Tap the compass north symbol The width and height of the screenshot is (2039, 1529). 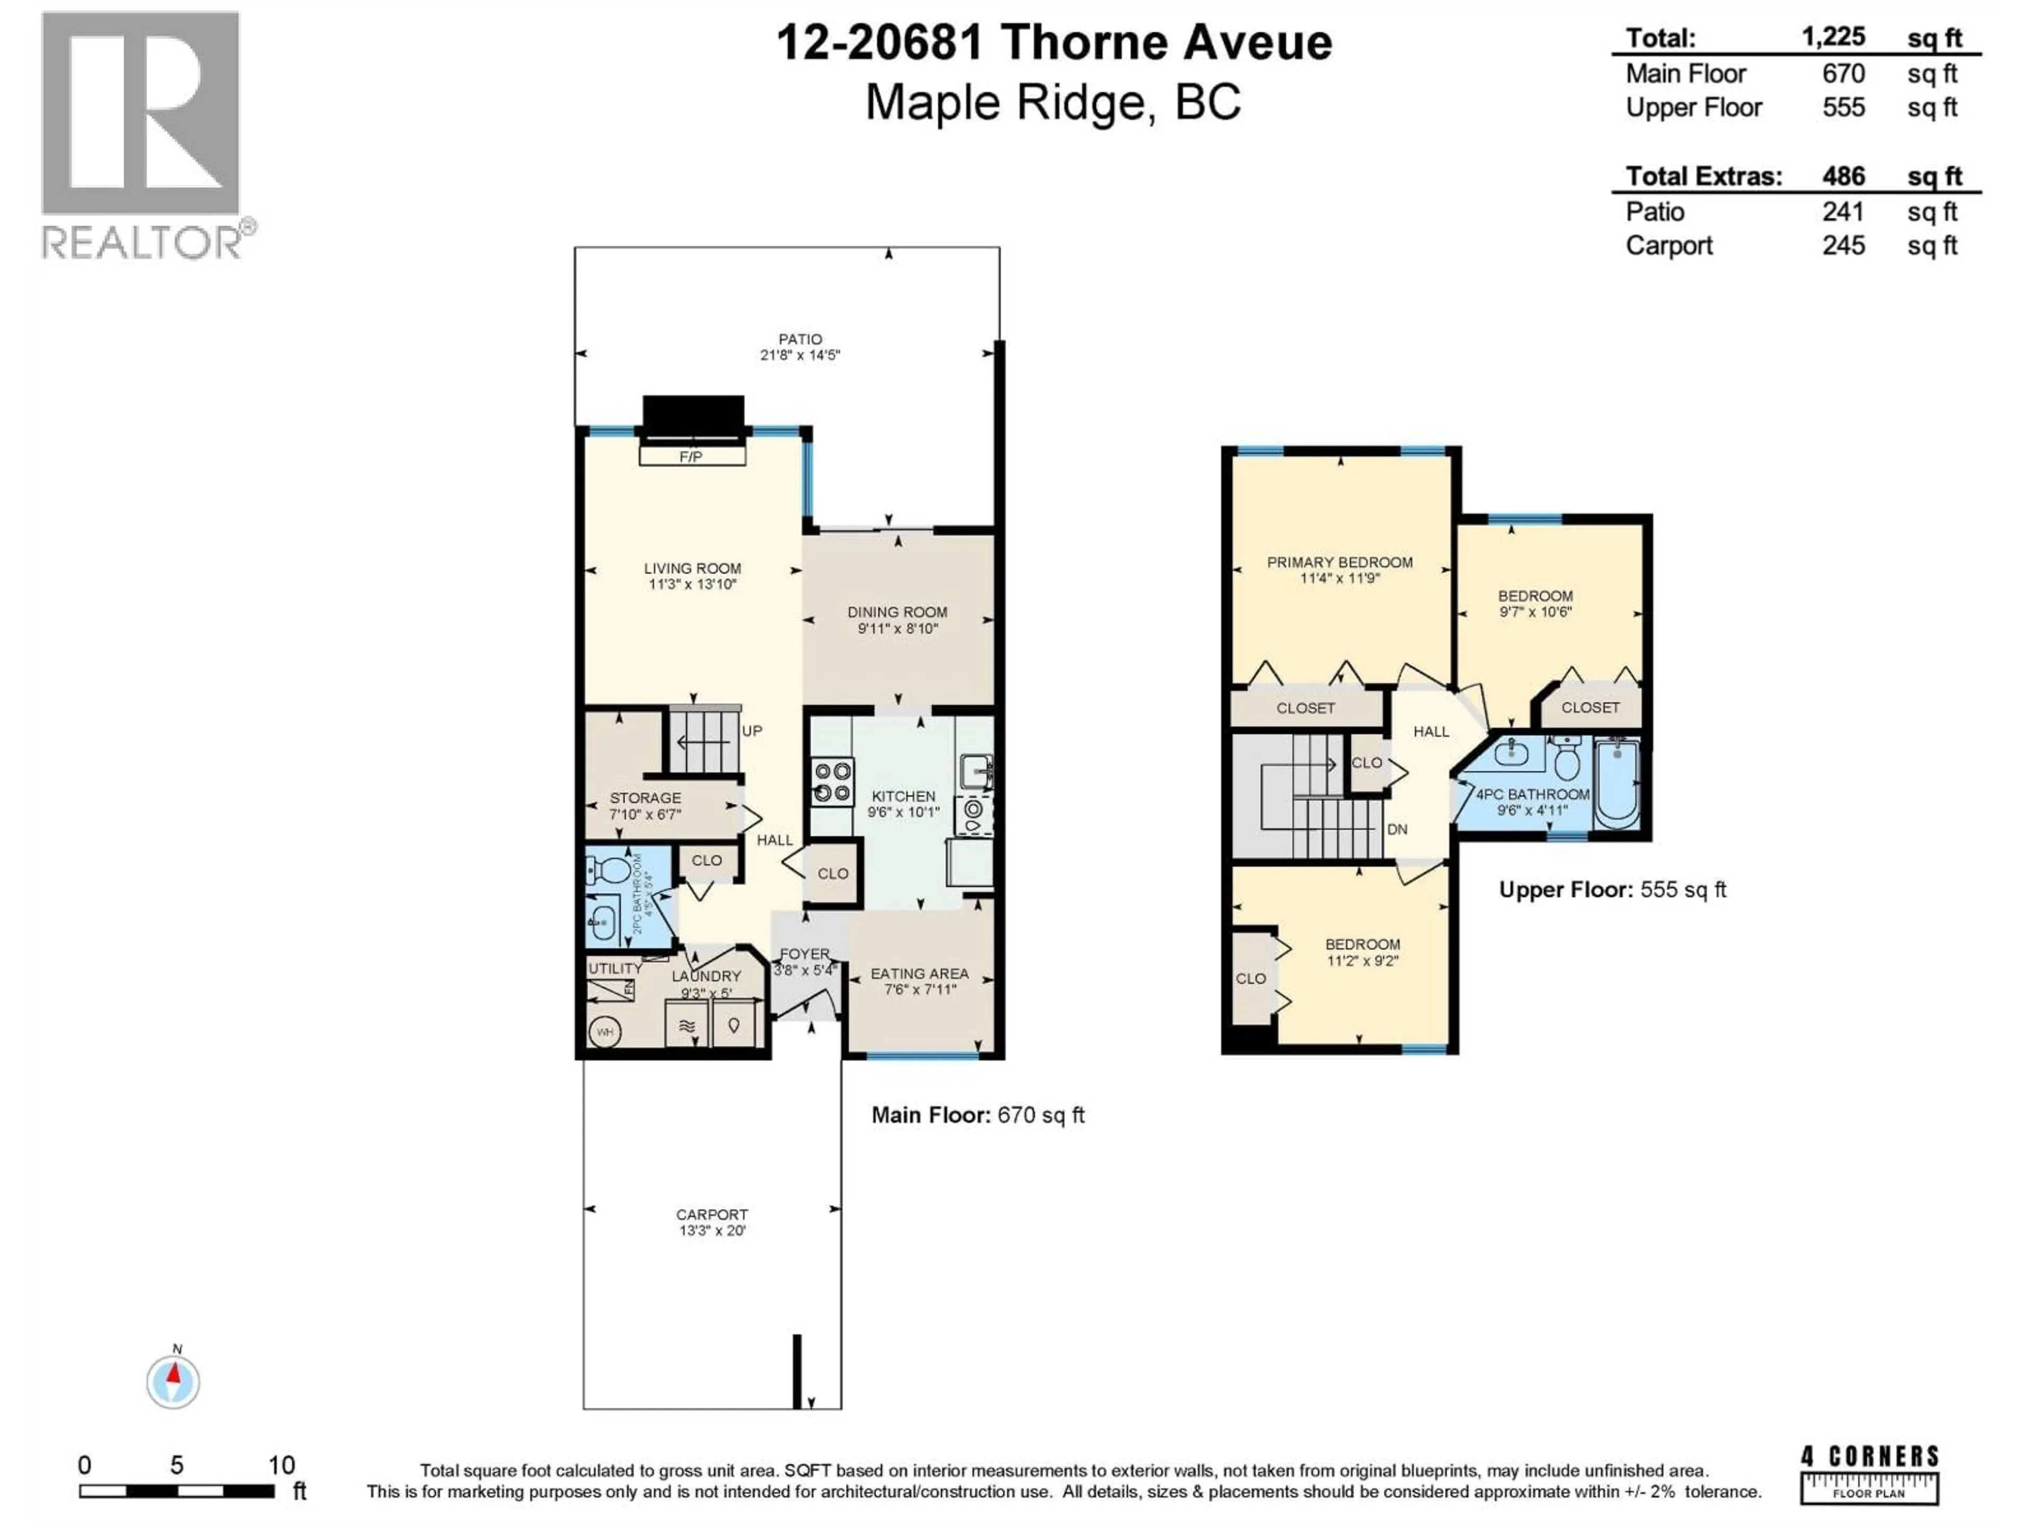click(173, 1381)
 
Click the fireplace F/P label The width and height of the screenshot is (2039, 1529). click(691, 456)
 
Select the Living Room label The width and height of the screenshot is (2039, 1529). click(692, 569)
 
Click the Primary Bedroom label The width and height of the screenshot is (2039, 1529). click(1339, 562)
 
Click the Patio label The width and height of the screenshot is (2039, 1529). click(799, 339)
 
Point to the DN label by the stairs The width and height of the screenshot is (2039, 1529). click(1397, 829)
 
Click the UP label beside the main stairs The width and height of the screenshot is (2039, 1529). click(752, 731)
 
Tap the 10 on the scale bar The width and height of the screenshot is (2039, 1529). click(281, 1465)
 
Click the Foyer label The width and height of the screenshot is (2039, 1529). click(804, 954)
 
